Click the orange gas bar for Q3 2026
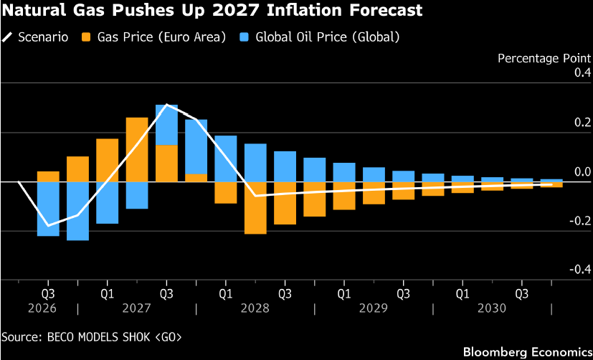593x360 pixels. pyautogui.click(x=48, y=176)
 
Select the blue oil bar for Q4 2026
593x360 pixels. pyautogui.click(x=77, y=211)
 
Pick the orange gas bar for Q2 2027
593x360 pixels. pyautogui.click(x=137, y=150)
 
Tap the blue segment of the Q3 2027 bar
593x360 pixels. pyautogui.click(x=166, y=125)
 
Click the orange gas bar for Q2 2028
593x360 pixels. pyautogui.click(x=255, y=208)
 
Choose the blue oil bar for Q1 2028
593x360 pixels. pyautogui.click(x=226, y=158)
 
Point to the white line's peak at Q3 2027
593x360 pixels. pyautogui.click(x=166, y=105)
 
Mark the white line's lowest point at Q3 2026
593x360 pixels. pyautogui.click(x=48, y=226)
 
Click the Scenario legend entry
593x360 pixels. pyautogui.click(x=35, y=37)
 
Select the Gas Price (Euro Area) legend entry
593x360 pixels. pyautogui.click(x=153, y=37)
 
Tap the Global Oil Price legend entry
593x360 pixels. pyautogui.click(x=319, y=37)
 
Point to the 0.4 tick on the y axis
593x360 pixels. pyautogui.click(x=582, y=73)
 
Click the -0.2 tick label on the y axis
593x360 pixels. pyautogui.click(x=580, y=221)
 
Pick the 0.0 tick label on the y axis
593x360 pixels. pyautogui.click(x=582, y=172)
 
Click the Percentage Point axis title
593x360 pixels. pyautogui.click(x=544, y=59)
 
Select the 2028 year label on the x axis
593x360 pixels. pyautogui.click(x=255, y=308)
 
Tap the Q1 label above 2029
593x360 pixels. pyautogui.click(x=344, y=294)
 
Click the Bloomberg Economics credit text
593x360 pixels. pyautogui.click(x=527, y=351)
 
